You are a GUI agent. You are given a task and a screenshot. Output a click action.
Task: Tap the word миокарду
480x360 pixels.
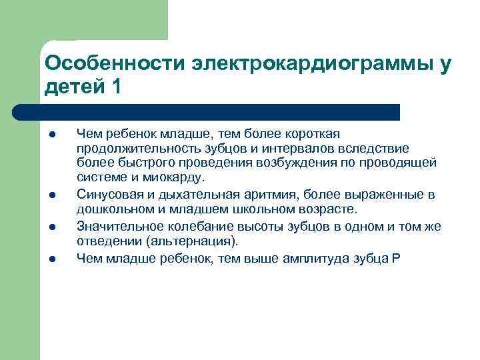(175, 177)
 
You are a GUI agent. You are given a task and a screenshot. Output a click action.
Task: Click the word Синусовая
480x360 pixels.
(106, 194)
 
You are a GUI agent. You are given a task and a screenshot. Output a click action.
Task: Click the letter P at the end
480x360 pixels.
(397, 258)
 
